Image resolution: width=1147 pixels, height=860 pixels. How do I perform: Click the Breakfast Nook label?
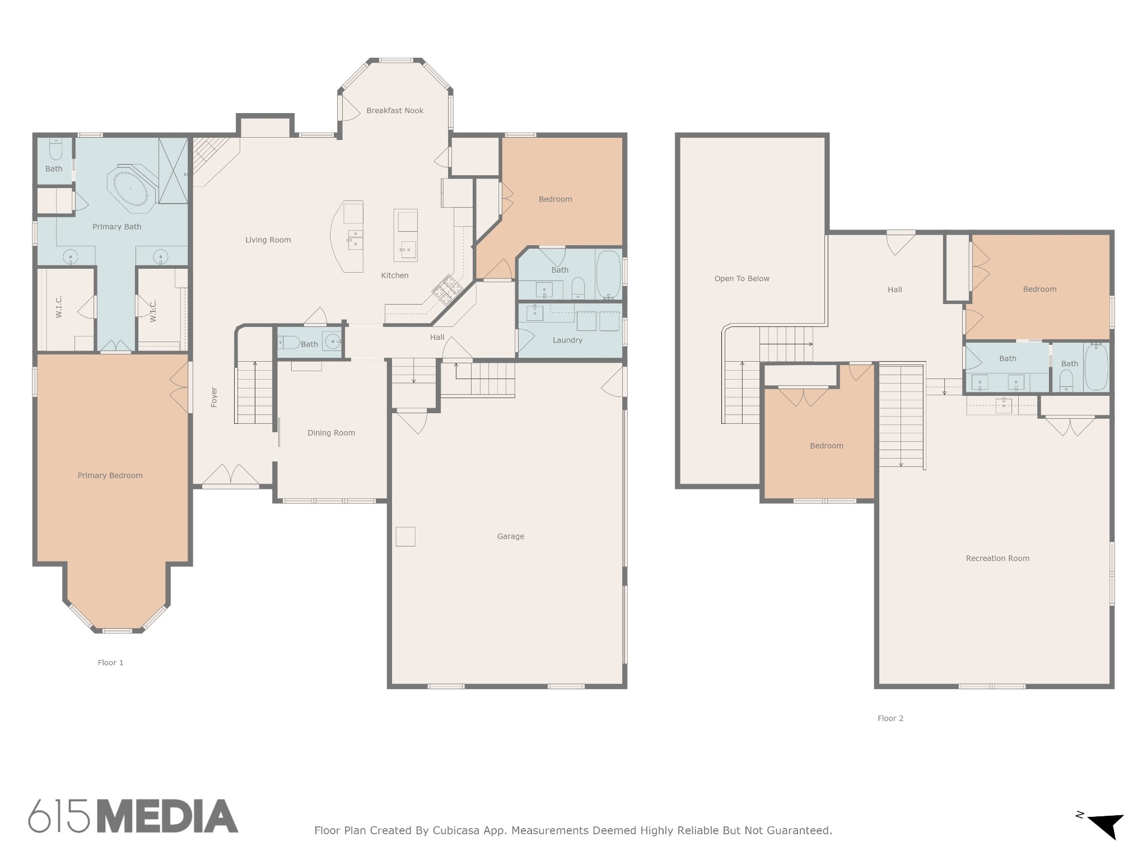[395, 111]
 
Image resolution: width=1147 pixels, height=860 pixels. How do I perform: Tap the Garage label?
[511, 536]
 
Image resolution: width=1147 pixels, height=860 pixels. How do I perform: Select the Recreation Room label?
[997, 558]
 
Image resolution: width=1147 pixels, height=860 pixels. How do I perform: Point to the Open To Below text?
[742, 279]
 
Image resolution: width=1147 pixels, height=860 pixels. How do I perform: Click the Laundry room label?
[567, 340]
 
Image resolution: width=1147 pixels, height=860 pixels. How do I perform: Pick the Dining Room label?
[331, 433]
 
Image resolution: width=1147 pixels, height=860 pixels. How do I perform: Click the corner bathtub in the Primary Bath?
[130, 189]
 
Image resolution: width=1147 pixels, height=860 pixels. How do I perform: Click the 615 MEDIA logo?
[133, 816]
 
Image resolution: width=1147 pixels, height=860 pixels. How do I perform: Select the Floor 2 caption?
[890, 718]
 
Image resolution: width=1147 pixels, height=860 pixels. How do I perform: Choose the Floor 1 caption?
[110, 663]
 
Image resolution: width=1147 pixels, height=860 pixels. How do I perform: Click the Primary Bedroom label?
[110, 476]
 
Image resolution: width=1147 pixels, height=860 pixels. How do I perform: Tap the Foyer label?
[214, 397]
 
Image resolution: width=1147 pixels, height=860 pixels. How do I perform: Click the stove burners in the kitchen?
[446, 289]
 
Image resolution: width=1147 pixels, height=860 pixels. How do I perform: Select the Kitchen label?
[395, 275]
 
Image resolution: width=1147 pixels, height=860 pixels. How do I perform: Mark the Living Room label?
[268, 240]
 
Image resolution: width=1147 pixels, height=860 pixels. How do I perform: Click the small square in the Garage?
[405, 536]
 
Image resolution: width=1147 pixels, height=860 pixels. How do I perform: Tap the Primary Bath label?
[117, 227]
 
